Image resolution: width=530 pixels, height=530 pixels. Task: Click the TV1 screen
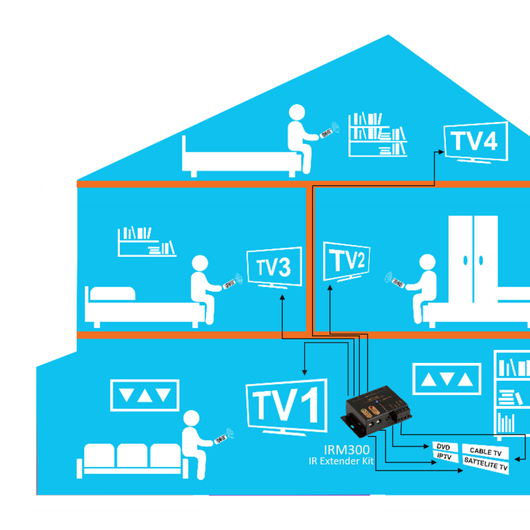[x=286, y=405]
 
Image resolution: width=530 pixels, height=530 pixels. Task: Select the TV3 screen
[x=274, y=267]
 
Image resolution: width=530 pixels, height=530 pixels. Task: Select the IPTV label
[x=444, y=456]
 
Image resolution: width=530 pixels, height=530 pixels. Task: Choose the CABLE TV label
[x=485, y=451]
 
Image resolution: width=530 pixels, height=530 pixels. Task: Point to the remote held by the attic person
[x=325, y=134]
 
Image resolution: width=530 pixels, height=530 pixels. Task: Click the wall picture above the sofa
[x=144, y=395]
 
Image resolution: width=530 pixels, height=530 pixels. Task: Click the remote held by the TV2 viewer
[x=396, y=283]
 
